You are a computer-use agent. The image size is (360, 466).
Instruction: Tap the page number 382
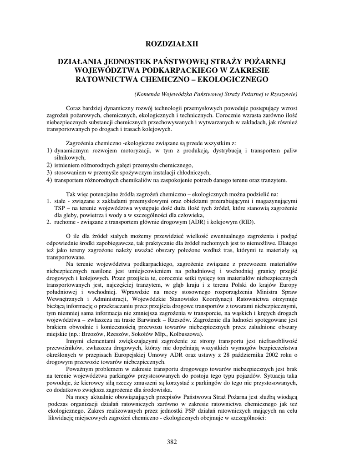(x=172, y=441)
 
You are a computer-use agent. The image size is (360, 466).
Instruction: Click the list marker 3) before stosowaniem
(x=49, y=172)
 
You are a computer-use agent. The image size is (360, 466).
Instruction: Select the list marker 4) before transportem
(x=49, y=180)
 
